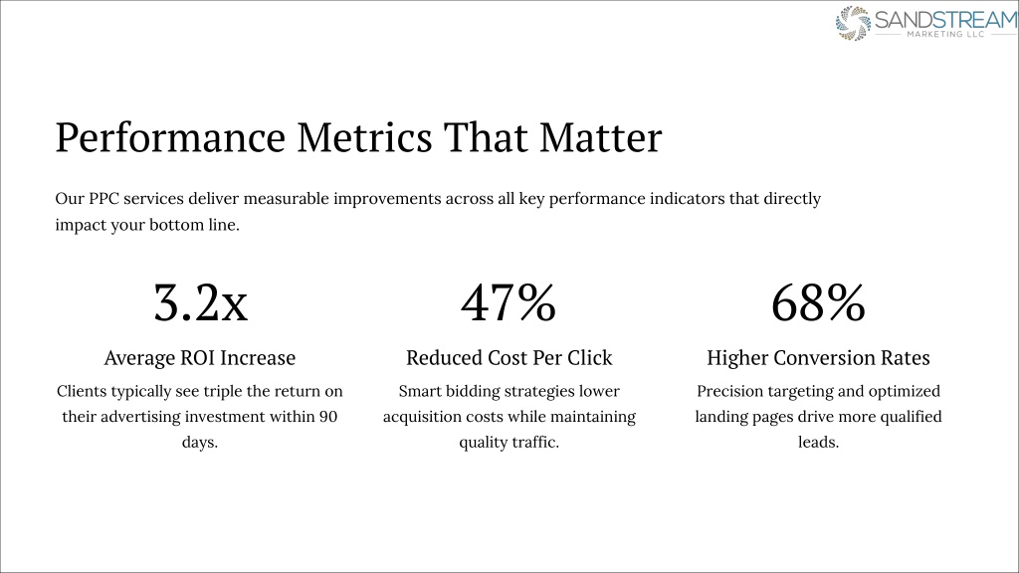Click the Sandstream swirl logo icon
[853, 24]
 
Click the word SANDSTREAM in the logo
[946, 20]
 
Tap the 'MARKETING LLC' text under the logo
[945, 34]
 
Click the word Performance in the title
[170, 137]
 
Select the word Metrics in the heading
[364, 137]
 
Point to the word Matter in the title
[600, 137]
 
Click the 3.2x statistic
[200, 302]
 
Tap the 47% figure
[509, 302]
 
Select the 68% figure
[818, 302]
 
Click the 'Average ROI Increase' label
[199, 358]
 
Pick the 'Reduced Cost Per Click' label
[509, 358]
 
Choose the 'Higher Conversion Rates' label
[818, 358]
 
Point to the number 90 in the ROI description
[328, 417]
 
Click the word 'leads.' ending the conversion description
[818, 442]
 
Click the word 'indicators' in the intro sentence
[687, 199]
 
